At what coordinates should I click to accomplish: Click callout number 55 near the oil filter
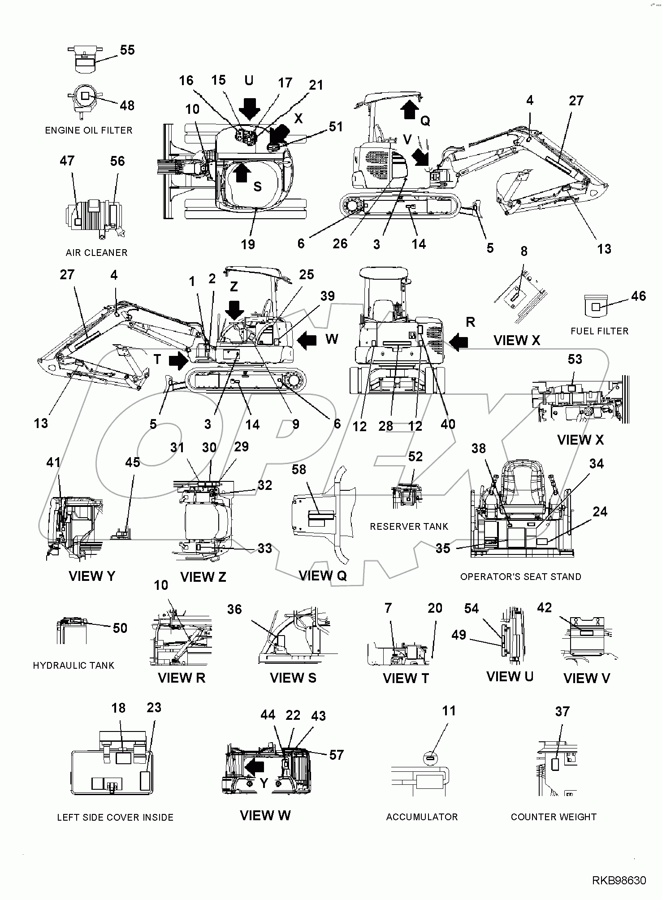pyautogui.click(x=127, y=50)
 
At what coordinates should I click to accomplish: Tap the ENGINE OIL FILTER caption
pyautogui.click(x=89, y=130)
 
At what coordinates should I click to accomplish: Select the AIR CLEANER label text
pyautogui.click(x=96, y=253)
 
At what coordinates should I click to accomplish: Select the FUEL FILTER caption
pyautogui.click(x=599, y=331)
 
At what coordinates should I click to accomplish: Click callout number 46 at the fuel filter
pyautogui.click(x=638, y=296)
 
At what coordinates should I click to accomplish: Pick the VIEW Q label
pyautogui.click(x=322, y=575)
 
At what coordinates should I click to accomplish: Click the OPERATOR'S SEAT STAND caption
pyautogui.click(x=520, y=577)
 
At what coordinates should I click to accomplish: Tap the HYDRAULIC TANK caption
pyautogui.click(x=74, y=666)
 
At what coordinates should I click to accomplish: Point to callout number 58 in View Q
pyautogui.click(x=299, y=469)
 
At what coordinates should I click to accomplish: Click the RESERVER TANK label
pyautogui.click(x=409, y=527)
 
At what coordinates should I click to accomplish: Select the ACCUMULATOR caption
pyautogui.click(x=422, y=817)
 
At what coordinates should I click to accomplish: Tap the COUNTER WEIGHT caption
pyautogui.click(x=554, y=817)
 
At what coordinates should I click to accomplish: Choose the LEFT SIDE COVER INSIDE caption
pyautogui.click(x=115, y=818)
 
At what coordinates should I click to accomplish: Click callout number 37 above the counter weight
pyautogui.click(x=562, y=711)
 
